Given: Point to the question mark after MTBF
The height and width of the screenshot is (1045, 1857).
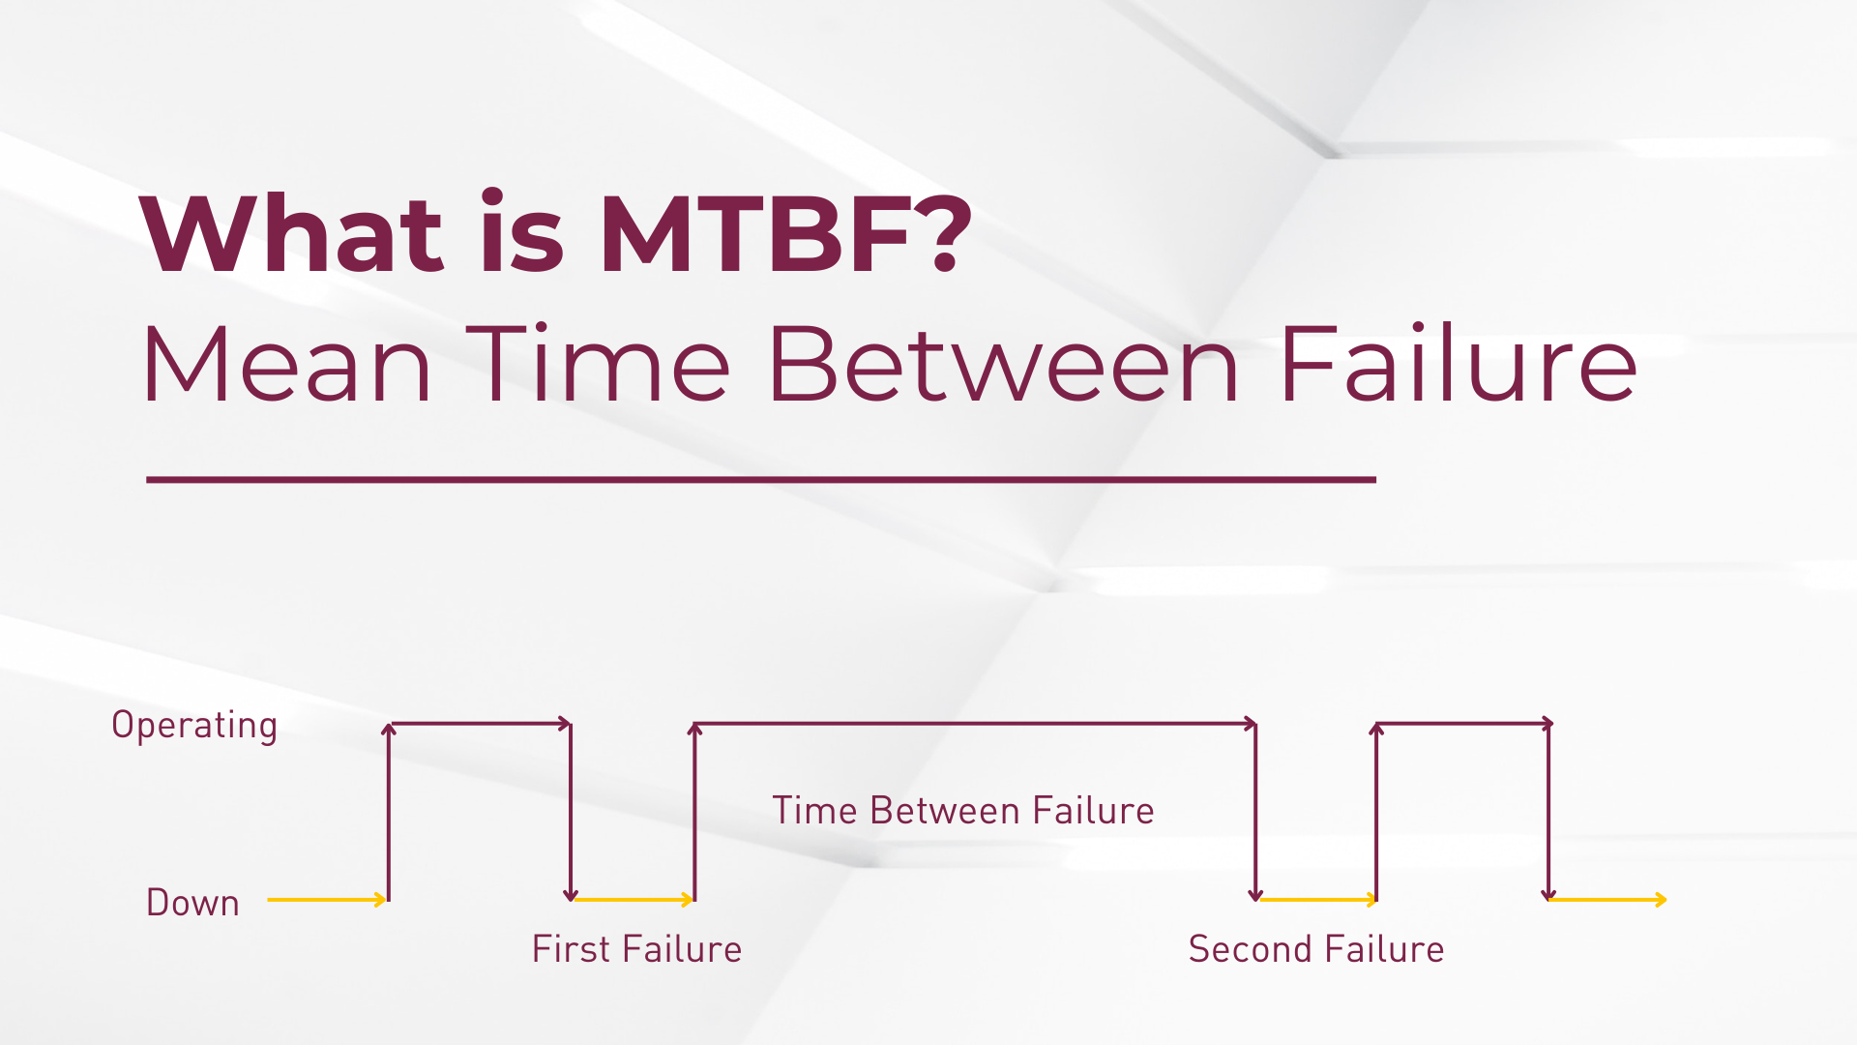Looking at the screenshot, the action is [x=943, y=231].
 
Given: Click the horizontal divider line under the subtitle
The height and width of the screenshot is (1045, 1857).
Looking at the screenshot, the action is [x=761, y=479].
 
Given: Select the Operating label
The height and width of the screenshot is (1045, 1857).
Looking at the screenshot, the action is [x=194, y=726].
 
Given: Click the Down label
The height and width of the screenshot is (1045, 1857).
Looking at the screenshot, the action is [x=192, y=902].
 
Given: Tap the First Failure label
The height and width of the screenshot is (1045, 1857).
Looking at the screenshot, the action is [x=637, y=949].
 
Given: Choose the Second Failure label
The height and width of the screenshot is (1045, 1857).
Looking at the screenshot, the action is [x=1316, y=949].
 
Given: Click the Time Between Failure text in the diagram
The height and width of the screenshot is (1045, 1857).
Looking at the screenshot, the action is [x=963, y=811].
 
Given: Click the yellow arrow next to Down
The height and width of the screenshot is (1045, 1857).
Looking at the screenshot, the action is [x=327, y=900].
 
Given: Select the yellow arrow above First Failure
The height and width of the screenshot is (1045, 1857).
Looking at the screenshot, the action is [x=634, y=900].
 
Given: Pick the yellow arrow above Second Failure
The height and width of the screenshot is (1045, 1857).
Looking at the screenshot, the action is [x=1317, y=900].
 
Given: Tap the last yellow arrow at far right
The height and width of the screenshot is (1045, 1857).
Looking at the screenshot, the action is [x=1607, y=900].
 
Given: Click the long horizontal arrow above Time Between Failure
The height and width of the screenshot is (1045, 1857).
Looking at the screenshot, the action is [x=975, y=724].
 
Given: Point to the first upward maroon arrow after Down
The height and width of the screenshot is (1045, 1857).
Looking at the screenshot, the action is [x=389, y=812].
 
